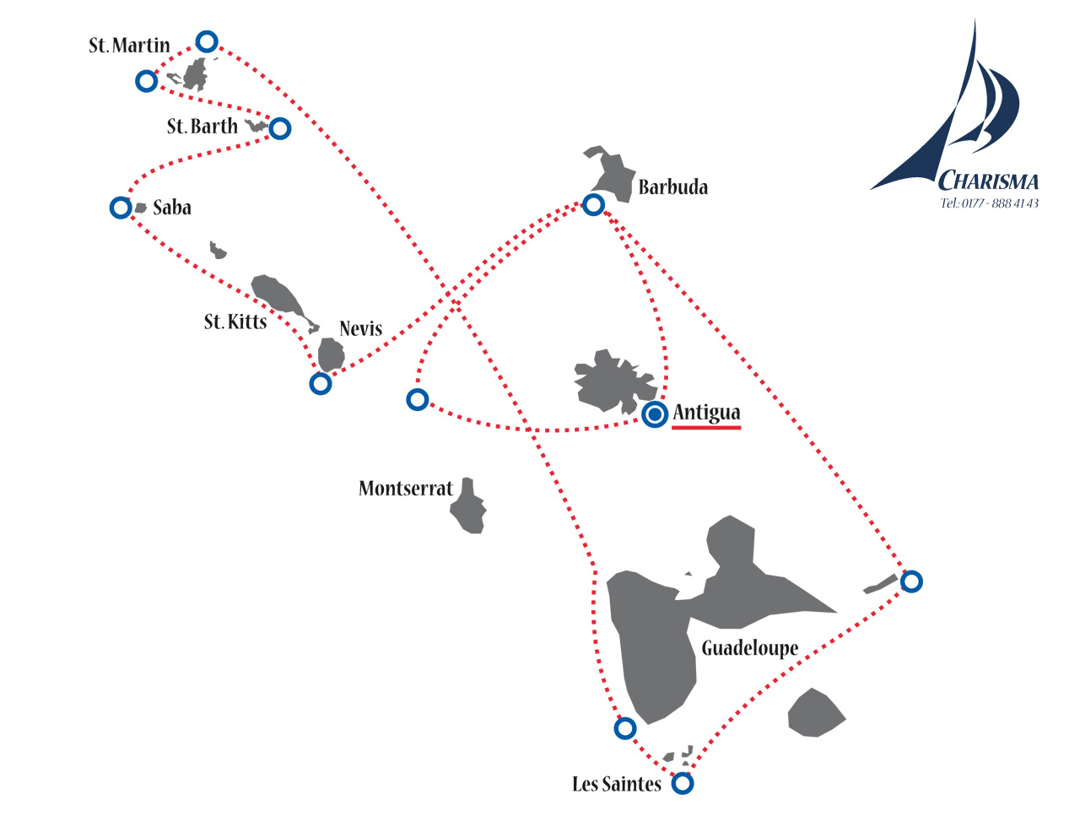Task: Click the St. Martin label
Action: click(129, 46)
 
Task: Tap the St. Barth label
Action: click(202, 127)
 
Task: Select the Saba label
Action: click(172, 208)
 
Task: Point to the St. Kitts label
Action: click(235, 322)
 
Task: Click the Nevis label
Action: click(361, 328)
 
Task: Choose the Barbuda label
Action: click(673, 186)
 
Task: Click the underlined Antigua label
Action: click(706, 413)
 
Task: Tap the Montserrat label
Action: click(406, 488)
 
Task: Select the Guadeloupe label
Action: click(749, 649)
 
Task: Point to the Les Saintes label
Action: click(616, 784)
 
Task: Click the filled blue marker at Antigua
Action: click(655, 414)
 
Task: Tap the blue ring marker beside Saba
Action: click(121, 208)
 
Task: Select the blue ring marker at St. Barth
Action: click(280, 129)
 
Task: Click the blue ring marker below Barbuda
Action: click(593, 205)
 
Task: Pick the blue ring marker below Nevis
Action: click(321, 384)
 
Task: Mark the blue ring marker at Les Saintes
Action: click(683, 783)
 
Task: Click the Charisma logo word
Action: click(987, 181)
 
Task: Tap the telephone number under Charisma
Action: click(989, 203)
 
